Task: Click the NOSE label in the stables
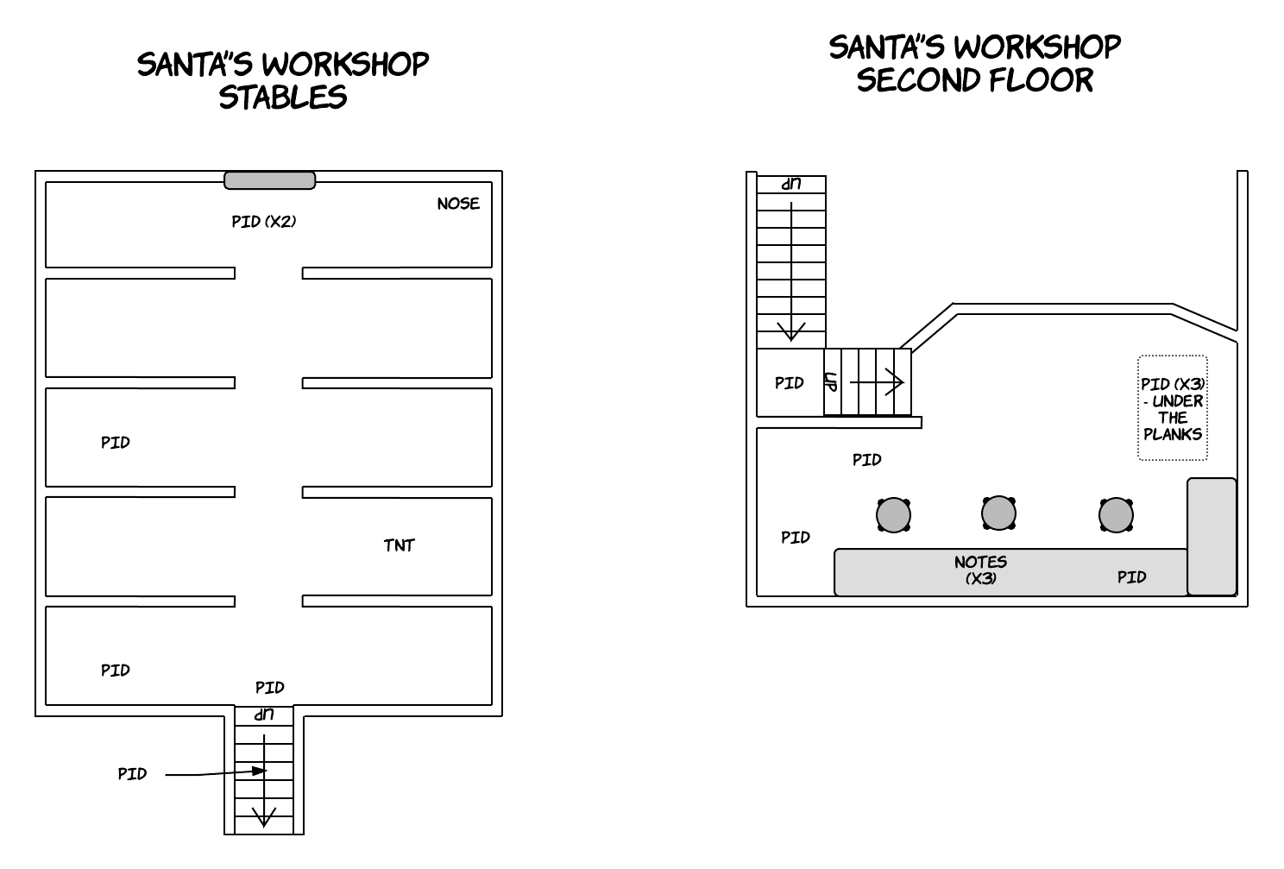(458, 204)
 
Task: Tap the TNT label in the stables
(399, 545)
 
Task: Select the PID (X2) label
(264, 221)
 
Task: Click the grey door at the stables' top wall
(269, 180)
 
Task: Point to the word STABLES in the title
(282, 97)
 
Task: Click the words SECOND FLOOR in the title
(974, 79)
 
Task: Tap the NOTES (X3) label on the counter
(980, 570)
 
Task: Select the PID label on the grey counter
(1131, 577)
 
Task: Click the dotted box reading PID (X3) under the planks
(1172, 407)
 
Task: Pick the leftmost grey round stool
(893, 514)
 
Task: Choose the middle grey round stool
(998, 513)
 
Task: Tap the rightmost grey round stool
(1116, 514)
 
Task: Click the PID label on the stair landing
(790, 383)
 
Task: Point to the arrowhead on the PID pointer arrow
(259, 771)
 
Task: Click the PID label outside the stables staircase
(132, 774)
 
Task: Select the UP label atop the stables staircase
(264, 715)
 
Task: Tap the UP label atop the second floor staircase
(791, 184)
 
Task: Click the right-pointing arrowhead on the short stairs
(895, 381)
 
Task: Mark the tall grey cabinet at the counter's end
(1212, 537)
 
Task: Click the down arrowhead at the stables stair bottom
(264, 817)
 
